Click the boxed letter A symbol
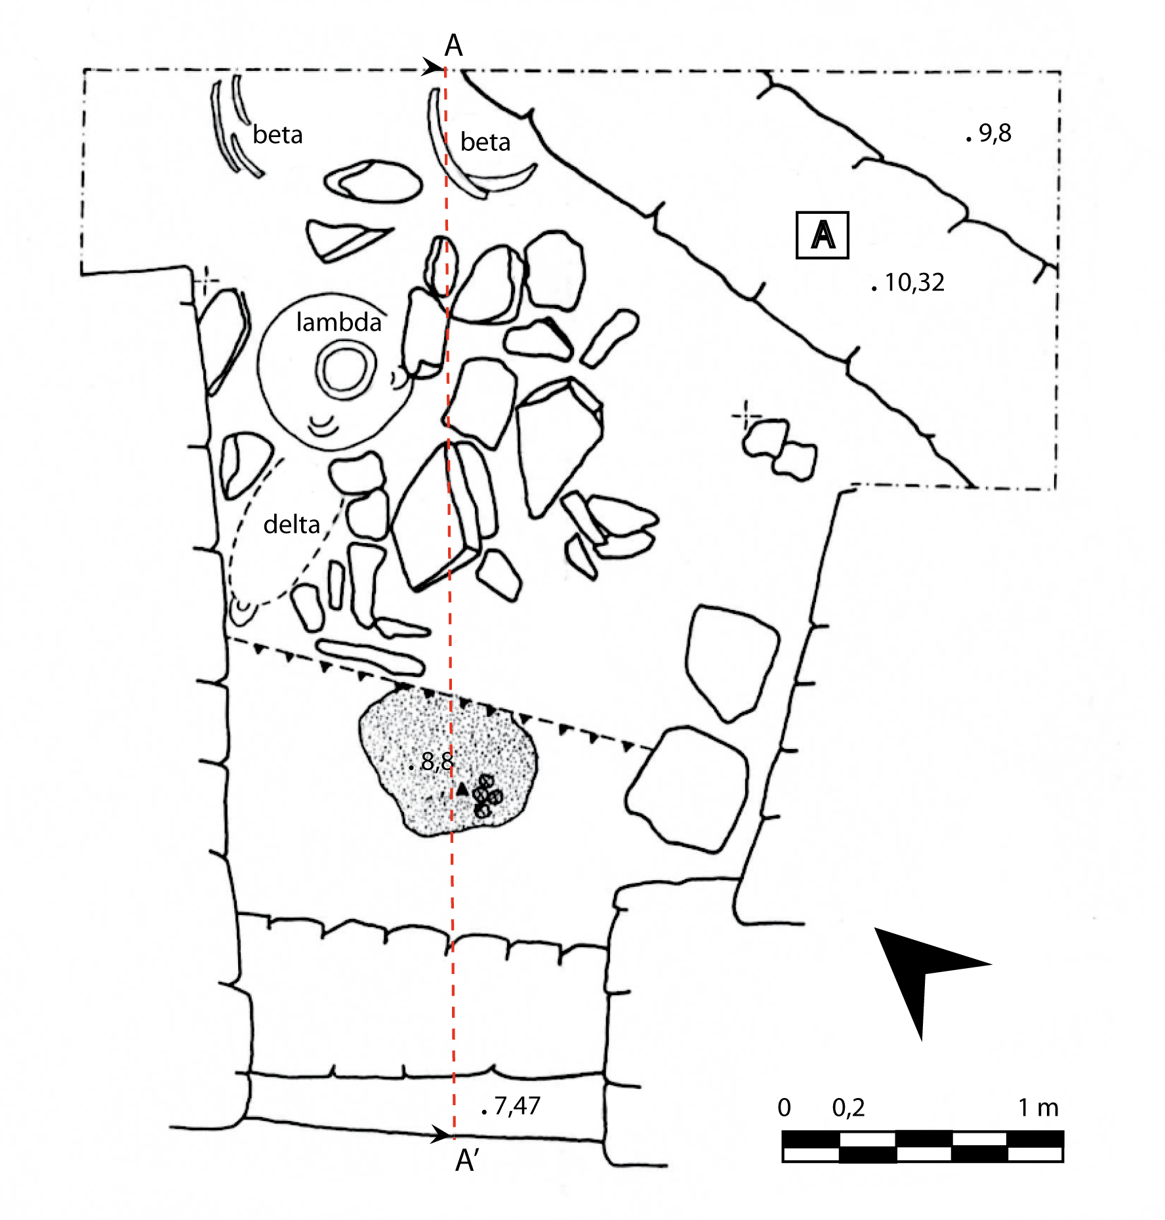coord(822,235)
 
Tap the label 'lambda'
coord(338,322)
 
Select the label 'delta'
coord(291,524)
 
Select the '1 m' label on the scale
coord(1038,1107)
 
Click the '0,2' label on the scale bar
coord(848,1108)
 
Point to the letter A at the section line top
coord(453,46)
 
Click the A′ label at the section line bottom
coord(466,1160)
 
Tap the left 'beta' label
coord(277,134)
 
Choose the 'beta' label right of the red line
coord(485,142)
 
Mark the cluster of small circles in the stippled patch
coord(487,795)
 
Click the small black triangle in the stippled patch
coord(462,789)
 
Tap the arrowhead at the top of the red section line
coord(433,67)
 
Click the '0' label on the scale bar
coord(784,1108)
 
